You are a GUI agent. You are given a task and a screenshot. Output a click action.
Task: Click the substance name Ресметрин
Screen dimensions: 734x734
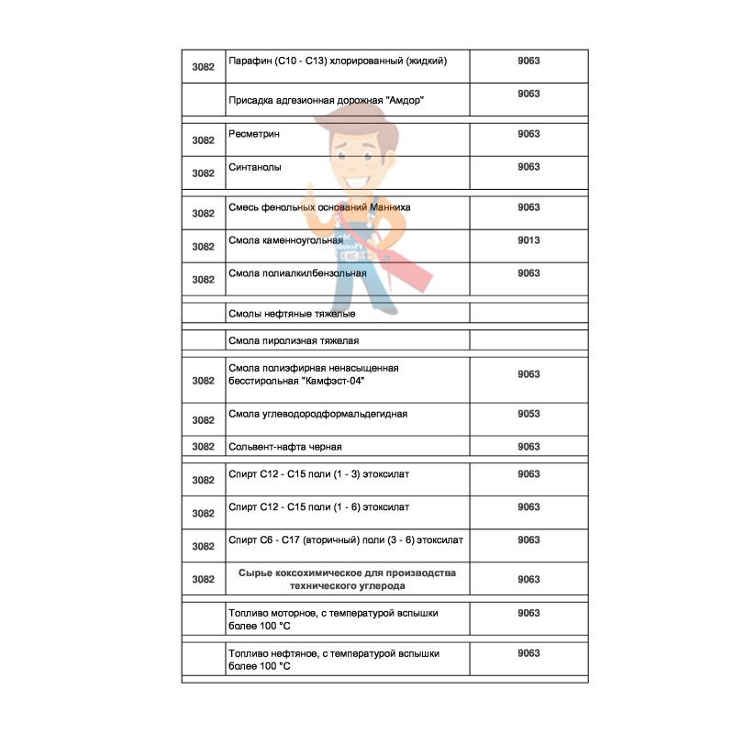click(x=254, y=135)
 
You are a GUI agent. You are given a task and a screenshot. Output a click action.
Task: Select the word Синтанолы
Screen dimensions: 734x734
click(x=255, y=168)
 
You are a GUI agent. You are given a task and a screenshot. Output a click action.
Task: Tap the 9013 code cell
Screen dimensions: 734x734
click(x=528, y=240)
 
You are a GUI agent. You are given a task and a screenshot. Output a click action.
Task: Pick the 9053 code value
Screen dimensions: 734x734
click(x=528, y=414)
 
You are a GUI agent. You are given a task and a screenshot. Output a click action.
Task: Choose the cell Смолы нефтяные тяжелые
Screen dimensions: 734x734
click(x=292, y=314)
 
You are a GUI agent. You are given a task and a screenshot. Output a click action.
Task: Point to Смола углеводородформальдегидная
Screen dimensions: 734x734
click(x=317, y=414)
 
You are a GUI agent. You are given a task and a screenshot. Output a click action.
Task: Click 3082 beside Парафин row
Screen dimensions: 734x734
click(x=203, y=67)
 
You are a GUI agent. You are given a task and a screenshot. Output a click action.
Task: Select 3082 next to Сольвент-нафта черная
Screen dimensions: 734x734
click(x=203, y=447)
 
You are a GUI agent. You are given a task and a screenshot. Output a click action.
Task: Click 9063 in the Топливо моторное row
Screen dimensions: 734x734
click(x=528, y=613)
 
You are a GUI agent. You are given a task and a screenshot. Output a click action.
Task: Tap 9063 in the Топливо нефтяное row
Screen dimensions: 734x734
click(x=528, y=653)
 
